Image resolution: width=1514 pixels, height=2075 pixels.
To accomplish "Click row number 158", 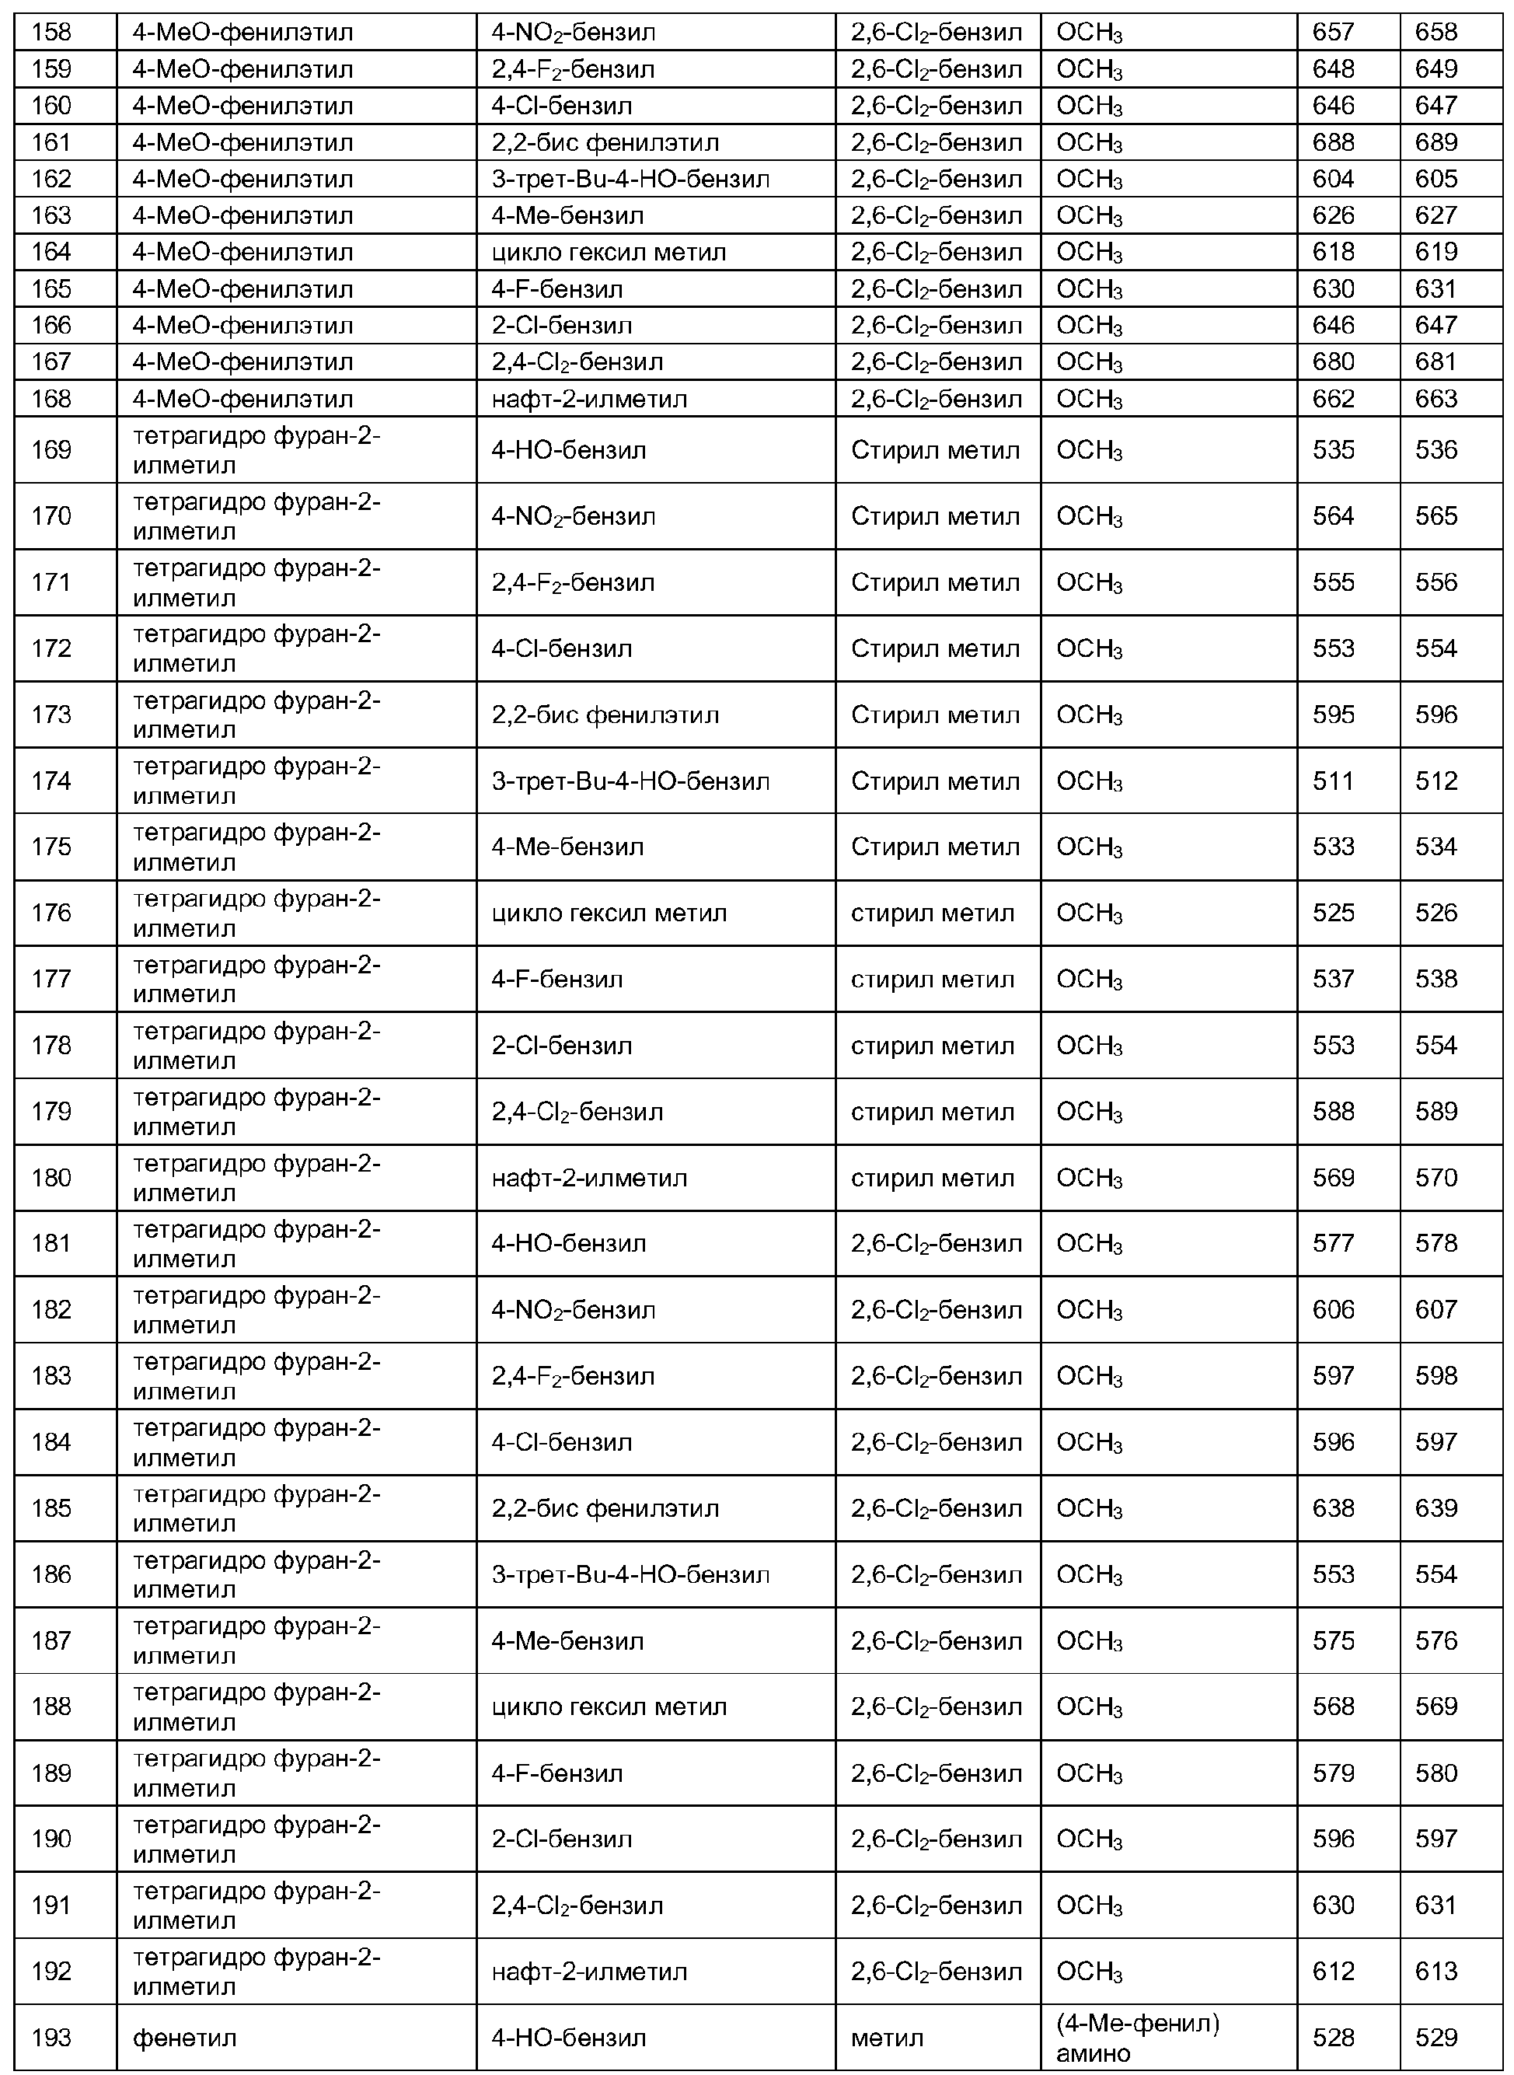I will point(51,33).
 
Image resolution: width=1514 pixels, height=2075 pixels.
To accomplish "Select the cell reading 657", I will point(1333,33).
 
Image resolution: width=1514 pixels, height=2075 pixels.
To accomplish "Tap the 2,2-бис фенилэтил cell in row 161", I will point(605,143).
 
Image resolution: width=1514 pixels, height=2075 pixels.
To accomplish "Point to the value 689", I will point(1436,143).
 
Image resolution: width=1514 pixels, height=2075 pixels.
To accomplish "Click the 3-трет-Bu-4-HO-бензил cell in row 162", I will point(630,180).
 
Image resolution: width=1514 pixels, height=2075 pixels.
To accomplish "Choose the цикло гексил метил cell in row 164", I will point(609,252).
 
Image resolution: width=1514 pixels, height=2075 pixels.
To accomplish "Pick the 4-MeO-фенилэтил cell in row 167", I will point(242,362).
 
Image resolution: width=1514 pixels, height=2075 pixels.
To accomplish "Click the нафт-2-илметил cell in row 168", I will point(589,399).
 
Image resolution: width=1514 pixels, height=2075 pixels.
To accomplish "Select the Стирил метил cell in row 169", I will point(935,450).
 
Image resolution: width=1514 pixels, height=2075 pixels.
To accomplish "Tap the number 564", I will point(1333,517).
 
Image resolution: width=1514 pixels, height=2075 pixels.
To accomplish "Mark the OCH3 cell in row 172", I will point(1089,649).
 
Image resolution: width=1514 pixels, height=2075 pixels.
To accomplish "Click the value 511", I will point(1333,781).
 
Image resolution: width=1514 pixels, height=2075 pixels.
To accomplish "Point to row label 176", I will point(51,913).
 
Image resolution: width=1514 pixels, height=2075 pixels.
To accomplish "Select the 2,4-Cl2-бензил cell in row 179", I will point(577,1112).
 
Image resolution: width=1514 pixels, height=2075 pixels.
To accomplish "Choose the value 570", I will point(1436,1178).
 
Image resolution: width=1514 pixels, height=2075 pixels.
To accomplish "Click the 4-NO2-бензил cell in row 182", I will point(573,1310).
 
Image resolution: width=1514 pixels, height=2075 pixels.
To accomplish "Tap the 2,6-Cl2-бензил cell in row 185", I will point(936,1508).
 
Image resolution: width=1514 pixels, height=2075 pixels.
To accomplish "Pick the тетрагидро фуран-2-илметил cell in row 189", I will point(256,1773).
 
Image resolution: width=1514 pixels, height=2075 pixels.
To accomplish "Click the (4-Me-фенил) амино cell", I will point(1137,2038).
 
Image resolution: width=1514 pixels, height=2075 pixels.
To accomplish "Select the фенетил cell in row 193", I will point(184,2038).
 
